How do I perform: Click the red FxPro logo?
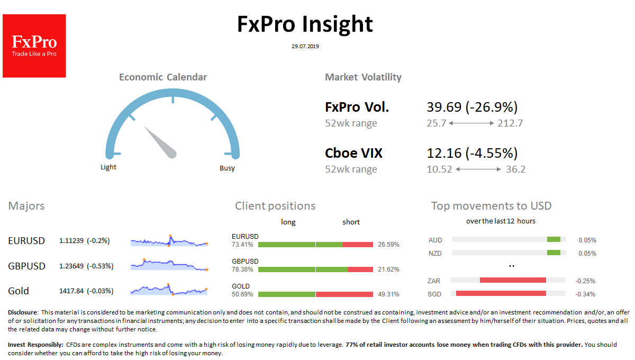[x=34, y=46]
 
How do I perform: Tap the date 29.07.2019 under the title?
[x=305, y=47]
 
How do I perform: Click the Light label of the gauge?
[x=108, y=167]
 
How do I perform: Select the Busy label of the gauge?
[x=227, y=168]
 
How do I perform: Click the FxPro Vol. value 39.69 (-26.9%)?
[x=471, y=107]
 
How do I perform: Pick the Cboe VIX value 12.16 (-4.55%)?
[x=471, y=154]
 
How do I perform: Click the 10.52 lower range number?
[x=439, y=169]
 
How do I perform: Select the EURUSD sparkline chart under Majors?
[x=169, y=241]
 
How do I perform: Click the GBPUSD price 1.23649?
[x=71, y=266]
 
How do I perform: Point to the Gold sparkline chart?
[x=169, y=290]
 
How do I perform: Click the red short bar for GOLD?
[x=344, y=294]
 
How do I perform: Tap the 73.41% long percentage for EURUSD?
[x=242, y=245]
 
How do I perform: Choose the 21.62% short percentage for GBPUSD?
[x=388, y=269]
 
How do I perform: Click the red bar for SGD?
[x=501, y=293]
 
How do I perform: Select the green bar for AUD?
[x=554, y=239]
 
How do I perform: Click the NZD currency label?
[x=435, y=253]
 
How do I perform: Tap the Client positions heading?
[x=275, y=206]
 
